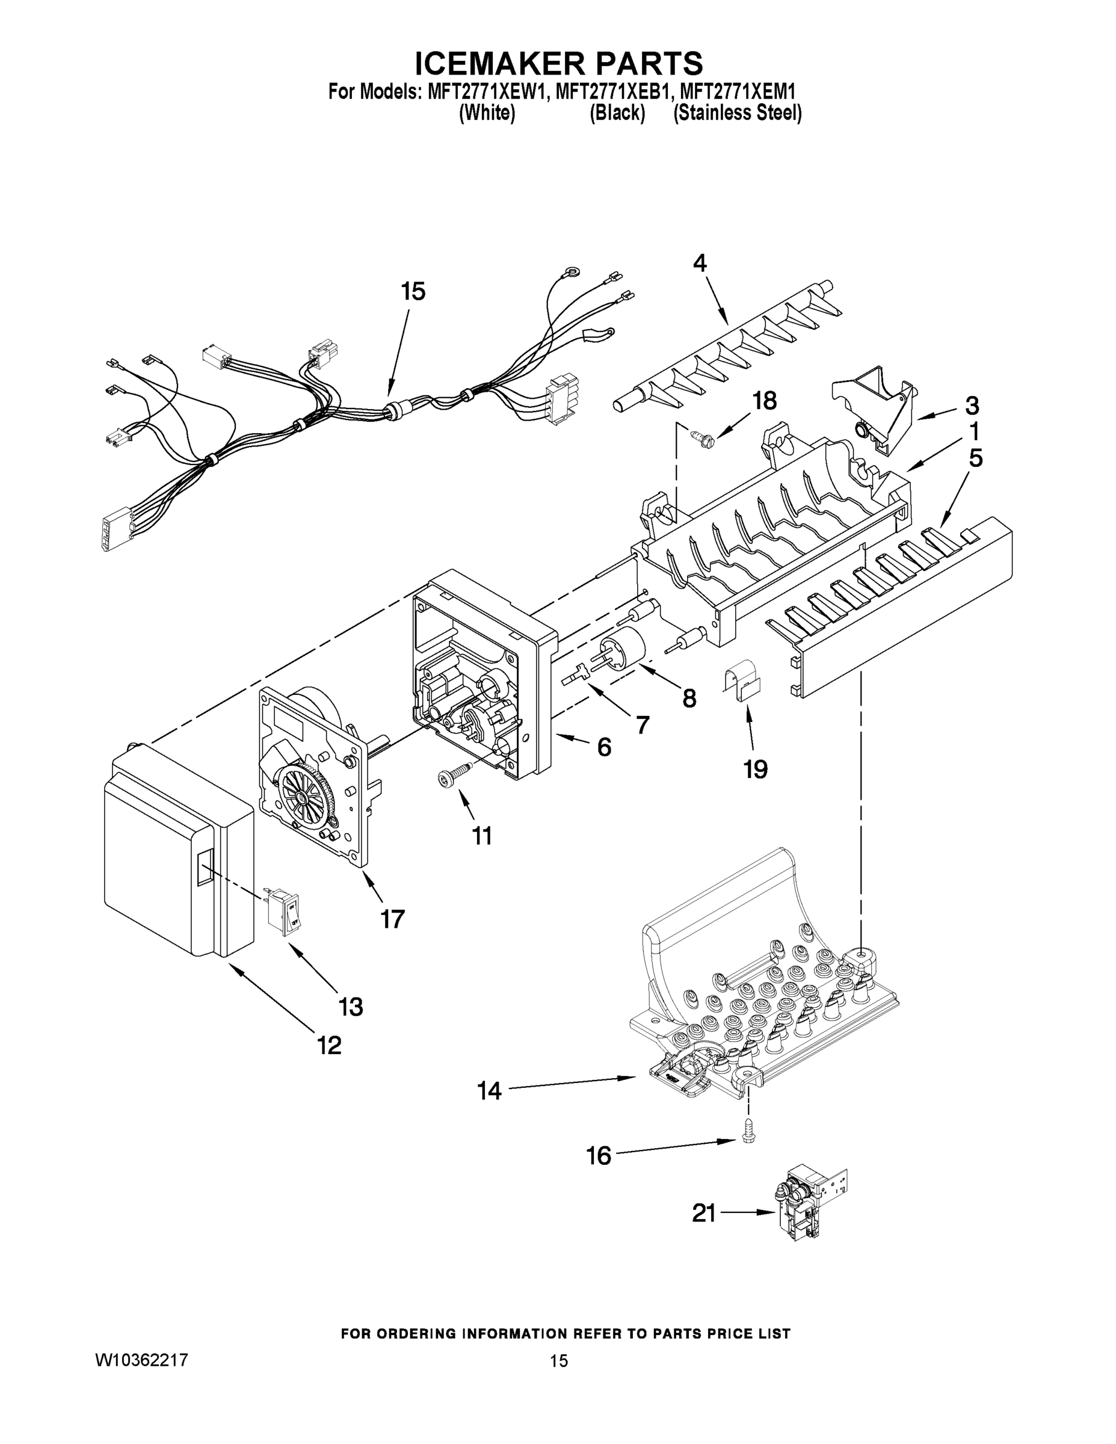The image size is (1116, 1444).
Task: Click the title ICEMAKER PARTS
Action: pyautogui.click(x=559, y=64)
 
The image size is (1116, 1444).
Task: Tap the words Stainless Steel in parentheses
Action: pyautogui.click(x=737, y=113)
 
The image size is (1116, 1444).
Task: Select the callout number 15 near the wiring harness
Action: pyautogui.click(x=413, y=292)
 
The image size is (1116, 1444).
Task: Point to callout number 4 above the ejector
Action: pyautogui.click(x=700, y=263)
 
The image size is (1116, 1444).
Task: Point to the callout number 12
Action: pyautogui.click(x=329, y=1045)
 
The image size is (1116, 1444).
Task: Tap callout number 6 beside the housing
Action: pyautogui.click(x=604, y=747)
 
